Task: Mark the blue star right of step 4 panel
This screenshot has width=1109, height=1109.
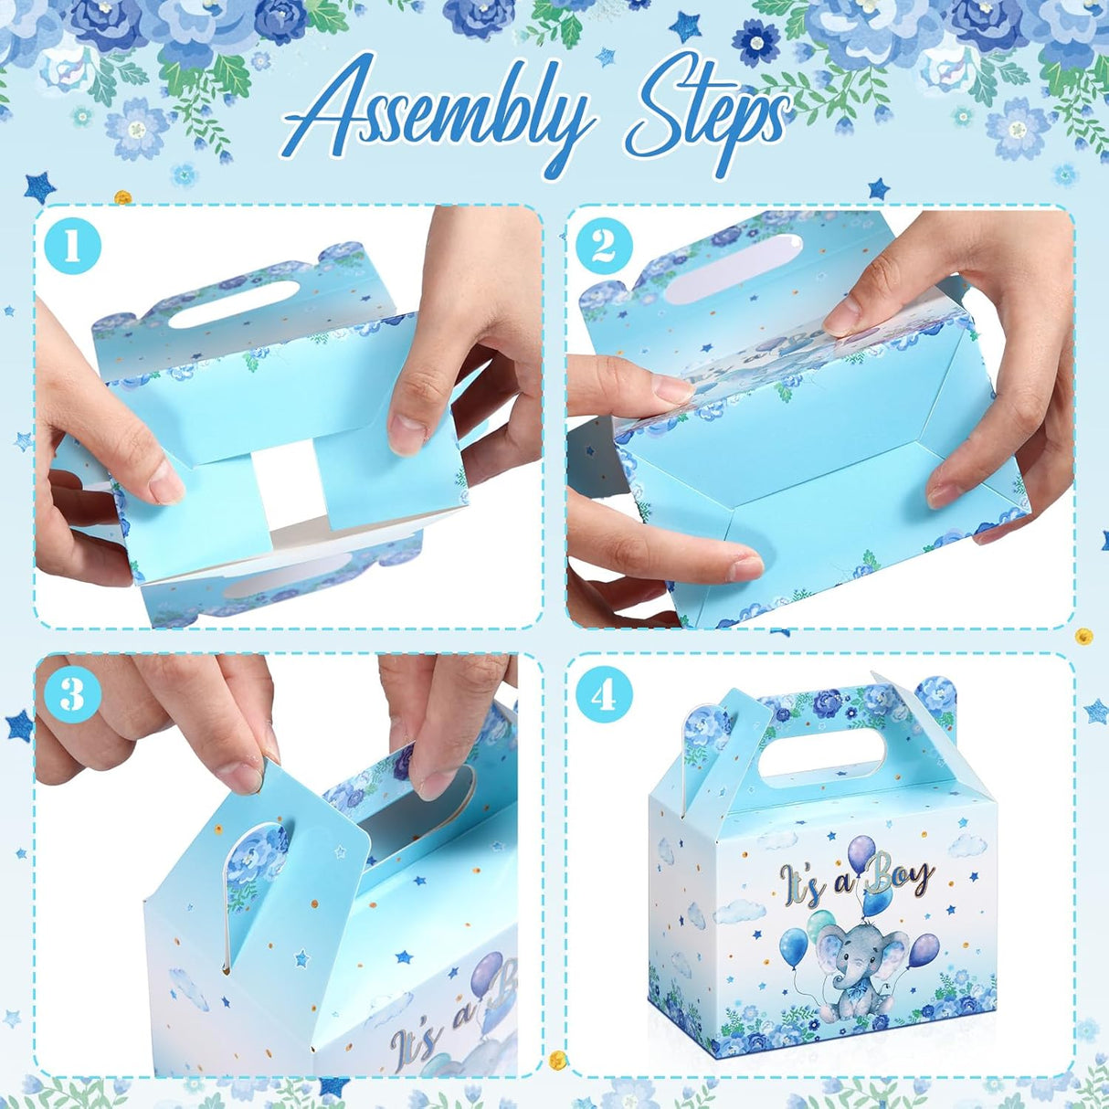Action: coord(1096,712)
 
